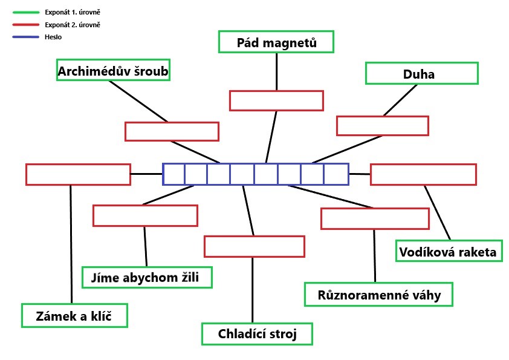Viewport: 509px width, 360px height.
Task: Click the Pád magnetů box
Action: point(276,42)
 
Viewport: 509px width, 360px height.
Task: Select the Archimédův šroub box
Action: point(112,72)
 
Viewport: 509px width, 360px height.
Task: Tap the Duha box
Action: point(421,74)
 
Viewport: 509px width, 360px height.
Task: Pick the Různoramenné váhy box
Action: point(378,295)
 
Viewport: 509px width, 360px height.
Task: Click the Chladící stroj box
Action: point(257,334)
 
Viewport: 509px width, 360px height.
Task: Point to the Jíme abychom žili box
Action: point(148,278)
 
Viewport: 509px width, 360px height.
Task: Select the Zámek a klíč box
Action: point(74,315)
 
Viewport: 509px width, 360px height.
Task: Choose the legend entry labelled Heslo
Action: point(53,37)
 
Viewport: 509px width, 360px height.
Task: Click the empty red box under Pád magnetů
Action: point(276,100)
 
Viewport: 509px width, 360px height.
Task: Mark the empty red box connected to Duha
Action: point(382,125)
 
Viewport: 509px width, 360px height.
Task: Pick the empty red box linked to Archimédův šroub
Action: point(172,131)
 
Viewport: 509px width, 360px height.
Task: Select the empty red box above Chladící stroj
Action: point(254,246)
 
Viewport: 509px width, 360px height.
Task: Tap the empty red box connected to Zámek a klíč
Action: point(78,174)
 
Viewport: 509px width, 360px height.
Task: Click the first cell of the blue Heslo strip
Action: point(174,174)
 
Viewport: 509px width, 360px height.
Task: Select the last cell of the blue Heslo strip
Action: point(337,174)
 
